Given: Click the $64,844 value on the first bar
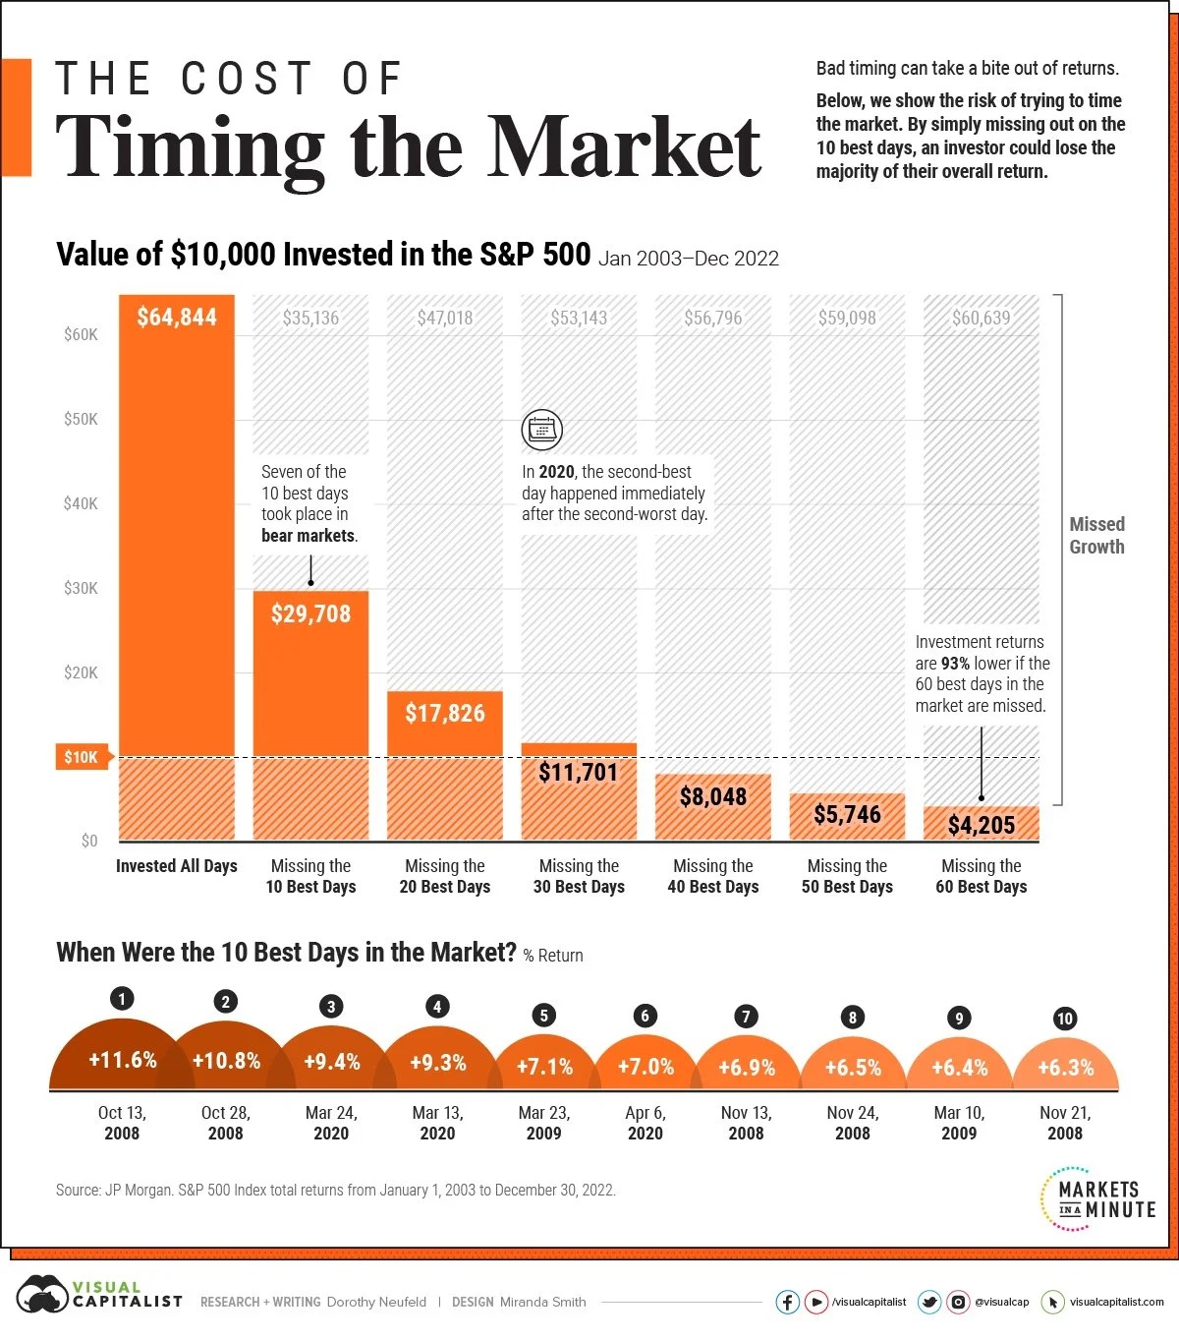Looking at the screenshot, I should point(177,317).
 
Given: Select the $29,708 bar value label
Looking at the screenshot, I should point(310,613).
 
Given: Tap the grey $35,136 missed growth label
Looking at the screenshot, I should point(310,318).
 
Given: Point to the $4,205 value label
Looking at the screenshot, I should point(981,825).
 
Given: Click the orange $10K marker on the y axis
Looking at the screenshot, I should point(81,757).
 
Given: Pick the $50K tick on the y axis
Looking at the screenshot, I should point(81,419).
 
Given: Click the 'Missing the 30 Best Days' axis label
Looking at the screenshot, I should point(579,876).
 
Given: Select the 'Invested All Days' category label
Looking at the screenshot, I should point(177,866).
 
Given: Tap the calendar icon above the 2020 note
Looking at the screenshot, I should point(541,430).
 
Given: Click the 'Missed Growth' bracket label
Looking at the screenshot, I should point(1096,536).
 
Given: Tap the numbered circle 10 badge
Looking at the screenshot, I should point(1065,1019).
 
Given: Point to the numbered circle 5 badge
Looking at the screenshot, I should point(543,1016).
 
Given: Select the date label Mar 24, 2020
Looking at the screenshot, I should point(331,1123).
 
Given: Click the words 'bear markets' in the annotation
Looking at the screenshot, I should point(308,536).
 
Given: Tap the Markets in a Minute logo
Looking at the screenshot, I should point(1097,1198).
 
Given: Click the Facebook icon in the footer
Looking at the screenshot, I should point(787,1302).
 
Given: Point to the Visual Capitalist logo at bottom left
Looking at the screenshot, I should point(98,1295).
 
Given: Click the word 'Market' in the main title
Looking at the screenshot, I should point(625,147).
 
